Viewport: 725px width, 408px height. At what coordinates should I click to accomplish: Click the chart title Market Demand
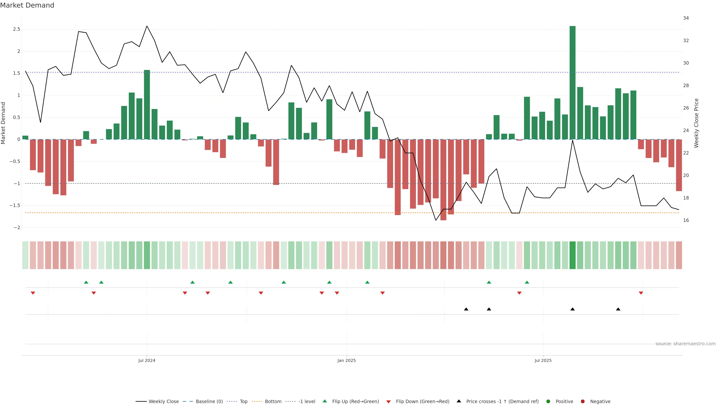pyautogui.click(x=27, y=5)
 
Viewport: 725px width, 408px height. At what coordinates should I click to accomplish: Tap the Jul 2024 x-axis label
pyautogui.click(x=147, y=360)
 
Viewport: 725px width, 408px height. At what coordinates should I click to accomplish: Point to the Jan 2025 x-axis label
pyautogui.click(x=346, y=360)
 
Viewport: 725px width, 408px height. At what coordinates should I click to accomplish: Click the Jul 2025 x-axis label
pyautogui.click(x=543, y=360)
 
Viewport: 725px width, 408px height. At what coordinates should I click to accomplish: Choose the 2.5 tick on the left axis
pyautogui.click(x=17, y=29)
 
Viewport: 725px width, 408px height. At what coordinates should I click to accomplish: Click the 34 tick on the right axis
pyautogui.click(x=686, y=18)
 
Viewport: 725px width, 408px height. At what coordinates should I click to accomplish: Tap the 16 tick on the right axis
pyautogui.click(x=686, y=220)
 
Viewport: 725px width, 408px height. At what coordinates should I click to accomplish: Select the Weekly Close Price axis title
pyautogui.click(x=696, y=123)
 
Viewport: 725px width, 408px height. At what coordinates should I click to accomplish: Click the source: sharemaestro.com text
pyautogui.click(x=685, y=344)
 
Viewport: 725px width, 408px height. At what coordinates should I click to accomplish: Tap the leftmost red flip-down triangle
pyautogui.click(x=33, y=293)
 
